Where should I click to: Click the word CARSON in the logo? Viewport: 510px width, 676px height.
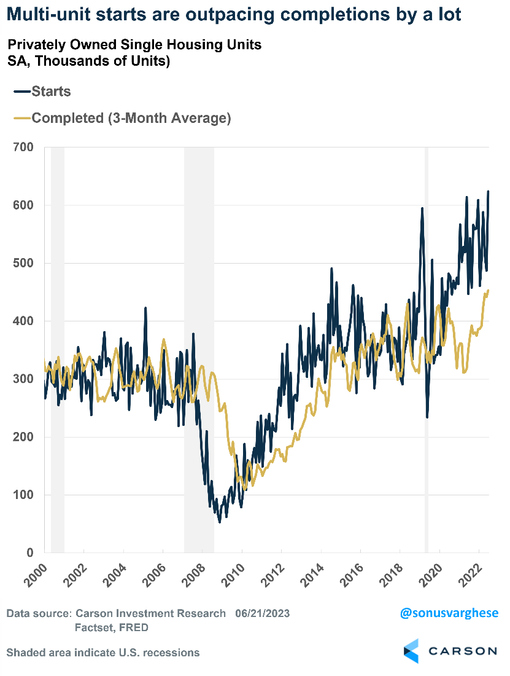tap(463, 651)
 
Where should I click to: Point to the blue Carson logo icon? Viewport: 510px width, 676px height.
tap(411, 651)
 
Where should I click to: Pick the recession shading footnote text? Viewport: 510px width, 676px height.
tap(102, 652)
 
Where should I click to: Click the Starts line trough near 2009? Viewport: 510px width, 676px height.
tap(220, 522)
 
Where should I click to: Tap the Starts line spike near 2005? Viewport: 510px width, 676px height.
tap(145, 308)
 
